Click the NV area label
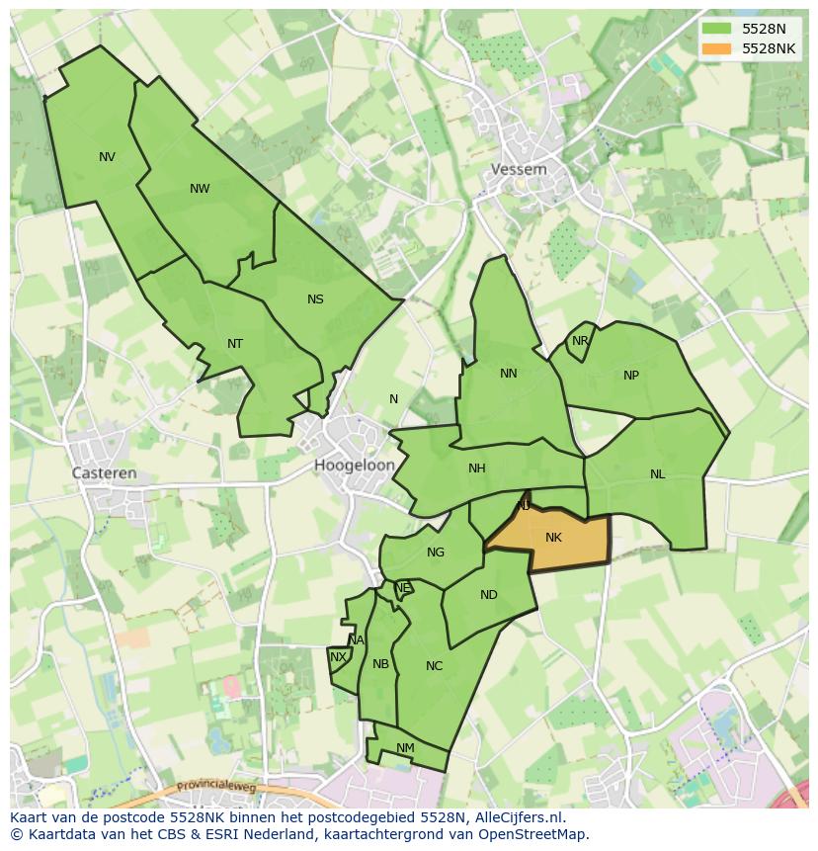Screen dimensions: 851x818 point(107,157)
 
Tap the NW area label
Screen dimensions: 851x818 point(200,189)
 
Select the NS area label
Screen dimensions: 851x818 point(315,299)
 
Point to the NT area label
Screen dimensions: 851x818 point(235,344)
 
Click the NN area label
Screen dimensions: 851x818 point(509,374)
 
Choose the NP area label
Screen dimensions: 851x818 point(631,376)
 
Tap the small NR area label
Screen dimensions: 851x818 point(580,342)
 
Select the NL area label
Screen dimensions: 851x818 point(658,474)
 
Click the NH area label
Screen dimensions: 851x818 point(477,468)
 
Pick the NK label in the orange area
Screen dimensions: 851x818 point(553,538)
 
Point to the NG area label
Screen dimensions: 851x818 point(436,553)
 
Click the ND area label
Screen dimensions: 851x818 point(489,595)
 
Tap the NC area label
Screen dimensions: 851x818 point(434,666)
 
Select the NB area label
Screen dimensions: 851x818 point(380,664)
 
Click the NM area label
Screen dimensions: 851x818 point(405,748)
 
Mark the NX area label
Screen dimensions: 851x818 point(338,657)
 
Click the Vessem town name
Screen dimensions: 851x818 point(519,170)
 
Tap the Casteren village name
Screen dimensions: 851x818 point(105,473)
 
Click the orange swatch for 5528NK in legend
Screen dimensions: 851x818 point(718,48)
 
